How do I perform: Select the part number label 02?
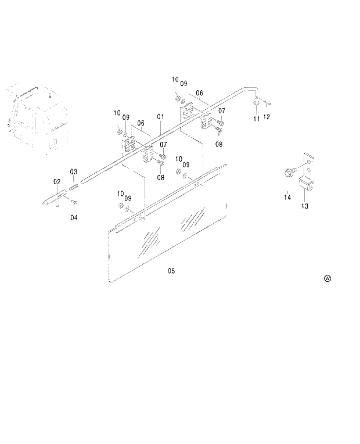57,182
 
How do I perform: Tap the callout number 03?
74,171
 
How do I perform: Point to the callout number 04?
74,218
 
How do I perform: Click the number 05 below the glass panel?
171,270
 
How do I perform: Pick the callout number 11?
256,119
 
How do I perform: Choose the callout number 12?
267,117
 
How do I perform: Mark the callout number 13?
305,206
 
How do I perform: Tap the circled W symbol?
327,279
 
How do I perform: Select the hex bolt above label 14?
289,171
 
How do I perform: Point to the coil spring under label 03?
74,187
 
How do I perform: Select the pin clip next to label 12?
266,104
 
